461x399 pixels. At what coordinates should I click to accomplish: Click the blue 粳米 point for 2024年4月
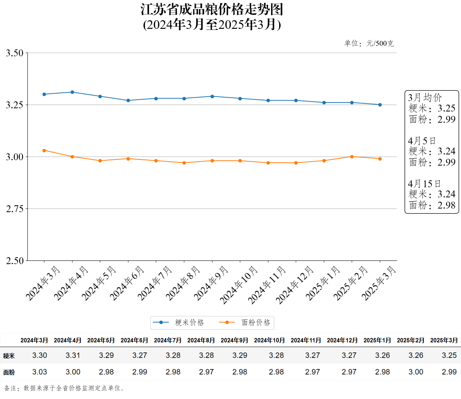tap(72, 92)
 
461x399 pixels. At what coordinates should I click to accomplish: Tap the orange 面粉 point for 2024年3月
tap(44, 150)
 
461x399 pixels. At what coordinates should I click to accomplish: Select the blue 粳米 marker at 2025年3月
tap(380, 105)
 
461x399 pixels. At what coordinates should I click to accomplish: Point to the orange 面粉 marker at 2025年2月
tap(352, 157)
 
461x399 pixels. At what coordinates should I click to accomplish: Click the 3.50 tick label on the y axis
tap(14, 53)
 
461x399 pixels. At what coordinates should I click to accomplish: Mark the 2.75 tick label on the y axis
tap(14, 209)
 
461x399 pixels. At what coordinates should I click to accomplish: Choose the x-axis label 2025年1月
tap(323, 283)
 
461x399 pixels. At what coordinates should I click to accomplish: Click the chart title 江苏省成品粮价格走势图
tap(212, 10)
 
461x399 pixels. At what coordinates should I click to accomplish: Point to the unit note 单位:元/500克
tap(369, 44)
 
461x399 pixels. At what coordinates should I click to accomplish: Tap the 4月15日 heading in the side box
tap(424, 184)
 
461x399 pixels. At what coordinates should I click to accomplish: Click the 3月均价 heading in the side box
tap(425, 97)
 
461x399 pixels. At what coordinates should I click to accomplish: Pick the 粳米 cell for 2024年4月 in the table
tap(73, 355)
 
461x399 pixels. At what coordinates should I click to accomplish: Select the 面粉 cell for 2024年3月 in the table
tap(40, 372)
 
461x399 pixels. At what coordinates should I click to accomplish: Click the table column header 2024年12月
tap(342, 340)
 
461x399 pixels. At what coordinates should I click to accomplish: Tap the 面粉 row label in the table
tap(9, 372)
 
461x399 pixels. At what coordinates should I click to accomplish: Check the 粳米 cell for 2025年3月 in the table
tap(449, 355)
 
